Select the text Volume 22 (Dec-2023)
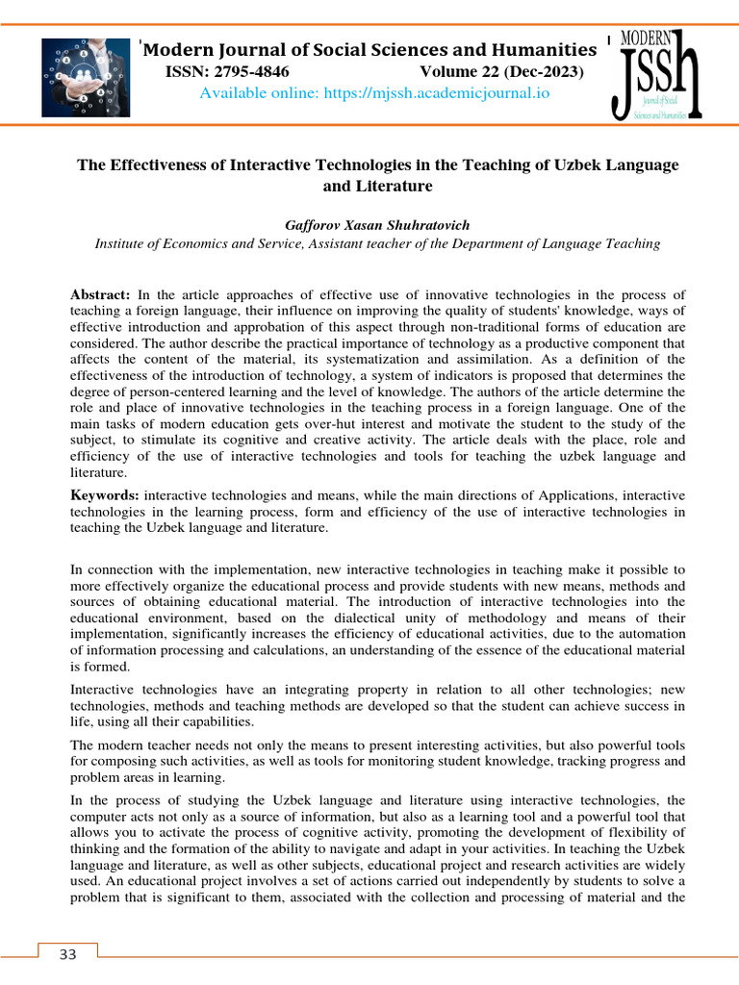click(x=501, y=72)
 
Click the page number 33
click(x=67, y=954)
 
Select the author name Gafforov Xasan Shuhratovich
click(x=376, y=224)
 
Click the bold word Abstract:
click(x=101, y=293)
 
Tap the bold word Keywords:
click(x=105, y=494)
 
